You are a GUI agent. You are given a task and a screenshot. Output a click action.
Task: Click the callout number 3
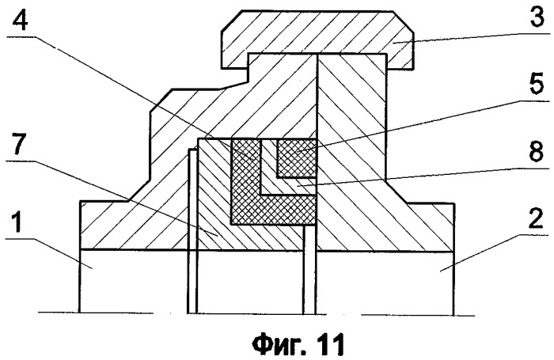537,17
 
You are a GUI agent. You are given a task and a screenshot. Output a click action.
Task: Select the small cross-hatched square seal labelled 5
296,158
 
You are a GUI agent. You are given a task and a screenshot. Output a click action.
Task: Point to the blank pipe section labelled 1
134,281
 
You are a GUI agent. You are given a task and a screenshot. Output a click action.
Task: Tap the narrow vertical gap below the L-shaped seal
309,269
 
